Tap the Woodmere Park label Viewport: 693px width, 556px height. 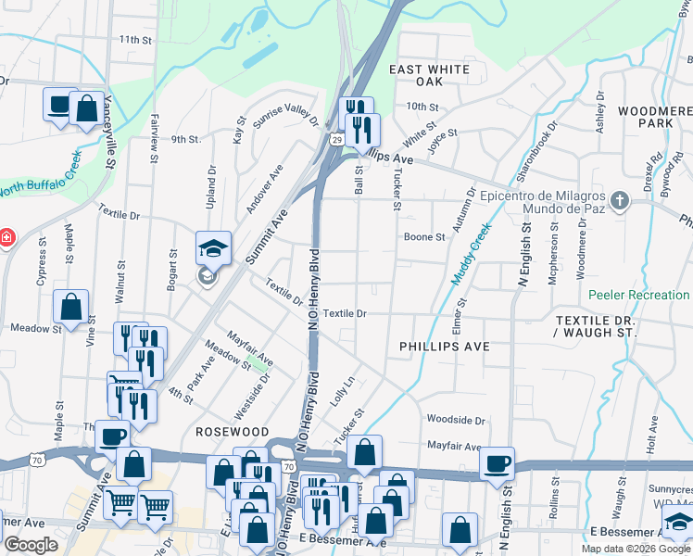(649, 116)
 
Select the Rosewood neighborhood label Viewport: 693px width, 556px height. (232, 432)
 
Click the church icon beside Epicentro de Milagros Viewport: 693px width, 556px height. (620, 199)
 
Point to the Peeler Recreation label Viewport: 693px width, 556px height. (638, 295)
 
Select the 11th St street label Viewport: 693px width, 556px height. (134, 40)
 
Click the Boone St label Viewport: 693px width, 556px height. (424, 236)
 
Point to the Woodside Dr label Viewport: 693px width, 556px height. (456, 420)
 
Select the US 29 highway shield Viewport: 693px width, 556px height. (338, 139)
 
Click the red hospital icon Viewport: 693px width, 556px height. (6, 237)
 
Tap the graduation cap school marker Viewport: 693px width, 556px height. (213, 248)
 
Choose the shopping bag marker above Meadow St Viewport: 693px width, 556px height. (70, 305)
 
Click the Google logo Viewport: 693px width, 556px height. (31, 545)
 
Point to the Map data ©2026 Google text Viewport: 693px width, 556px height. (635, 549)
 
